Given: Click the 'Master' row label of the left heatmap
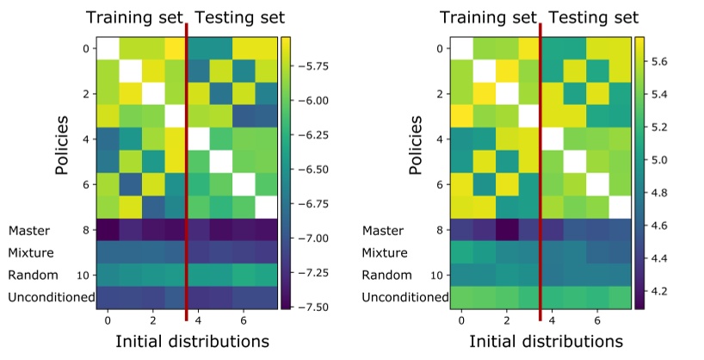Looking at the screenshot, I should [x=29, y=231].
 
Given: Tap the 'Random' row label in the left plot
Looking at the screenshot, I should [x=33, y=275].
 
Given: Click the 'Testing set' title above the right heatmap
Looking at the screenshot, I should [x=593, y=18].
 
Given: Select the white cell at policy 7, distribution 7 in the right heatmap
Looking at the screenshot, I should [x=619, y=207].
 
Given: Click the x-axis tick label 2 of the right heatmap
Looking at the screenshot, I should [x=506, y=320].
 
